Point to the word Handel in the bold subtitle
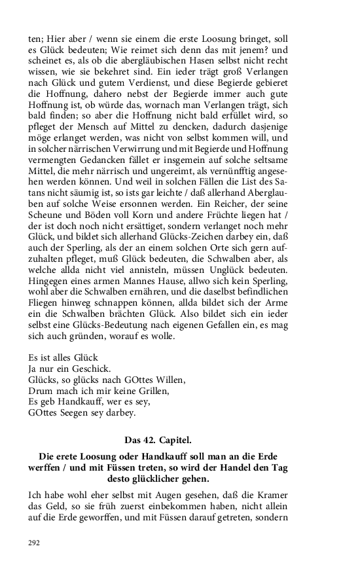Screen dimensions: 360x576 tap(234, 468)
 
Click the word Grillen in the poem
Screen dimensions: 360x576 tap(151, 391)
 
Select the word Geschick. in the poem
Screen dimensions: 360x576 tap(90, 369)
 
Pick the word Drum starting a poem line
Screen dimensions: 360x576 tap(39, 391)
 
